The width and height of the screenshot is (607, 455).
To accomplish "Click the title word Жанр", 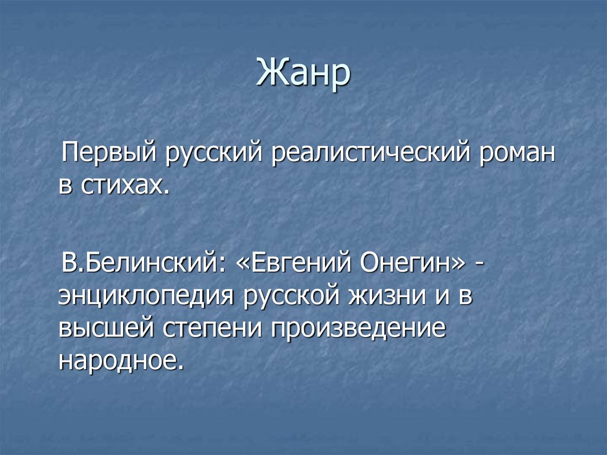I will point(303,75).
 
